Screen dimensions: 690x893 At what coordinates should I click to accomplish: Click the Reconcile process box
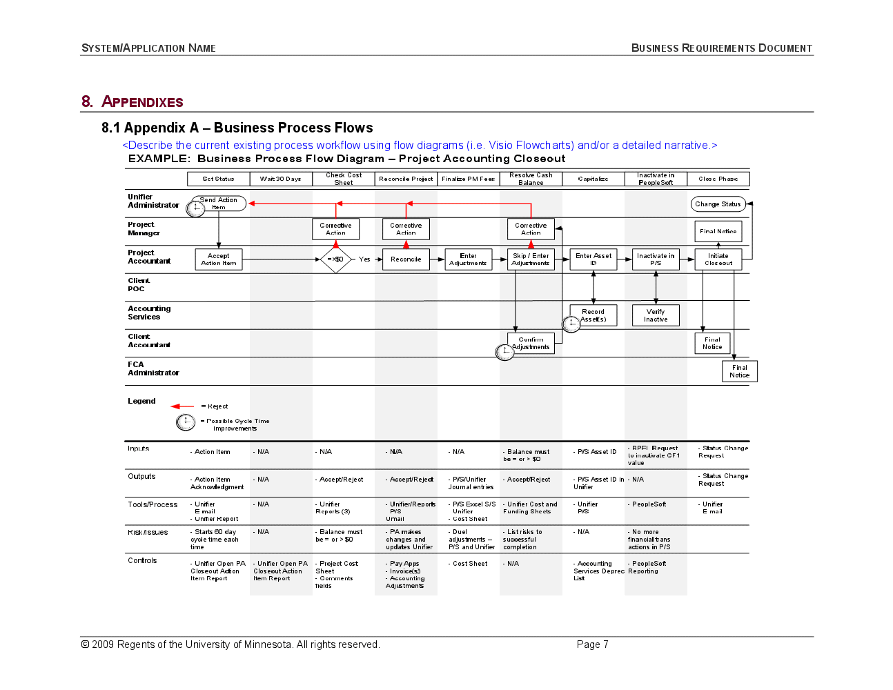pos(406,259)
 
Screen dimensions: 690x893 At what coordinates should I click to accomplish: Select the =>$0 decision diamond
pos(336,259)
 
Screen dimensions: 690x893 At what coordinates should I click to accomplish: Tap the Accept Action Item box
pos(219,259)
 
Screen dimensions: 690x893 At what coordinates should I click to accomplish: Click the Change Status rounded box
pos(718,204)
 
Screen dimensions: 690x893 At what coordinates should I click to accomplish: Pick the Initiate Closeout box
pos(718,259)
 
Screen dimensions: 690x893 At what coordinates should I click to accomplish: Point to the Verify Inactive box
pos(656,315)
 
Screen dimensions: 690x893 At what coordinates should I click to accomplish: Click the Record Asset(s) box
pos(593,315)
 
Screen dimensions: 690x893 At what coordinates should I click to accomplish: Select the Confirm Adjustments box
pos(531,344)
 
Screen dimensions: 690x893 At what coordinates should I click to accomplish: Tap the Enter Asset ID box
pos(593,259)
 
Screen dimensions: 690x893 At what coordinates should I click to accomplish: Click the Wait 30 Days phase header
pos(281,179)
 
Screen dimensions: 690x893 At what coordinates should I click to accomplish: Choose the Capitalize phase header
pos(593,179)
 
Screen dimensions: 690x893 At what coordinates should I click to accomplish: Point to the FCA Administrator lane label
pos(153,368)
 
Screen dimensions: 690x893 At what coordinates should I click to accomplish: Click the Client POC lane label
pos(138,284)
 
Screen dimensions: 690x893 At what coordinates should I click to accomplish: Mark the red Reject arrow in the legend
pos(182,406)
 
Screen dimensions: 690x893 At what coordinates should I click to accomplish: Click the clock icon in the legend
pos(186,422)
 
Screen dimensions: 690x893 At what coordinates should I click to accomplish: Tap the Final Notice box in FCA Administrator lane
pos(739,371)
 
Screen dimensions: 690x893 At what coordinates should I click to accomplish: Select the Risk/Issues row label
pos(148,532)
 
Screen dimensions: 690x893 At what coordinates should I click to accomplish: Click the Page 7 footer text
pos(592,644)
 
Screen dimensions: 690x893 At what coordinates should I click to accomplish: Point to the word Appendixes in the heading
pos(142,102)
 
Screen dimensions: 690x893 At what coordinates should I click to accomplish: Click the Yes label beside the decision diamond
pos(364,259)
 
